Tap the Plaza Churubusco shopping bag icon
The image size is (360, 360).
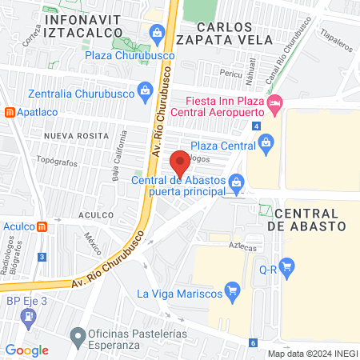pos(158,33)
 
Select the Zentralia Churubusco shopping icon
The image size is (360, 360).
pos(144,89)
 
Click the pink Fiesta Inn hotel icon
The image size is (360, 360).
pos(274,102)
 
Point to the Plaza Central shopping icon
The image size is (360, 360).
pos(267,145)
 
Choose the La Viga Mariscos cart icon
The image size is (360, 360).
pos(232,289)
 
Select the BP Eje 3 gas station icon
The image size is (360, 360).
pos(30,315)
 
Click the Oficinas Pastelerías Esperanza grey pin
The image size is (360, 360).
pos(78,334)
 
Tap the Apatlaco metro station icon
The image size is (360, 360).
pos(10,113)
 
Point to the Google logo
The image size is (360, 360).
pos(27,350)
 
